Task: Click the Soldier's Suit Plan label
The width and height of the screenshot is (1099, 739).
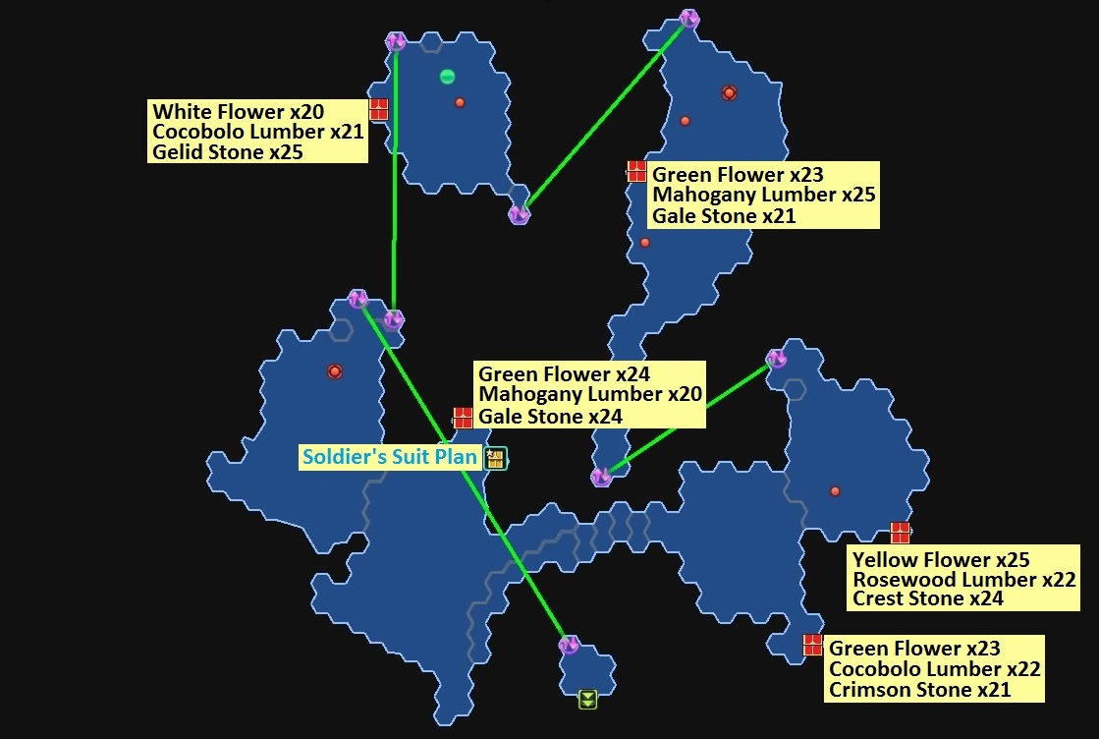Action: [390, 458]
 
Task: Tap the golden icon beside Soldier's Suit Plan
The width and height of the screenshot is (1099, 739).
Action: [496, 458]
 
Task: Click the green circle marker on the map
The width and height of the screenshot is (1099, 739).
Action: [448, 77]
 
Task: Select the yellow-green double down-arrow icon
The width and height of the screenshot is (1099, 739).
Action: [587, 699]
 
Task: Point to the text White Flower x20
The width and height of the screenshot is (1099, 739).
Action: [238, 111]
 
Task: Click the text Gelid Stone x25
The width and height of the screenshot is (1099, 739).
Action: [227, 152]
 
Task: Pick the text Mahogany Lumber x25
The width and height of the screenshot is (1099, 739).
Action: [763, 195]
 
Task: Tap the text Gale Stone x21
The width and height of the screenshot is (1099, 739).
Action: [724, 216]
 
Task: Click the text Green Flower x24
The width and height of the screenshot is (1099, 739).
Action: [564, 374]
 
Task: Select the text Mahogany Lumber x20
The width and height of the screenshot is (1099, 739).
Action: [589, 395]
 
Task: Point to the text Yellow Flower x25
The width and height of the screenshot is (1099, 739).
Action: [940, 559]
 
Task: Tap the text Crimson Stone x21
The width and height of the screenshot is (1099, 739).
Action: [919, 690]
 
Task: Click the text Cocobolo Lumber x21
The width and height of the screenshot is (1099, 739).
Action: [256, 132]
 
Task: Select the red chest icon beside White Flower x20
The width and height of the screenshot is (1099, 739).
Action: [378, 109]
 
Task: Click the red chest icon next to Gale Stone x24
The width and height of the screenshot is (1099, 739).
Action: [463, 417]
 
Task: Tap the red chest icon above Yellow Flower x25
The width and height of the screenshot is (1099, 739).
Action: [900, 533]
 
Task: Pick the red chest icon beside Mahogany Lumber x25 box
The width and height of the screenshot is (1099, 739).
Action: [636, 171]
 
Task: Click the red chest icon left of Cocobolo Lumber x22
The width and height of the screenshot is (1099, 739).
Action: [812, 645]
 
